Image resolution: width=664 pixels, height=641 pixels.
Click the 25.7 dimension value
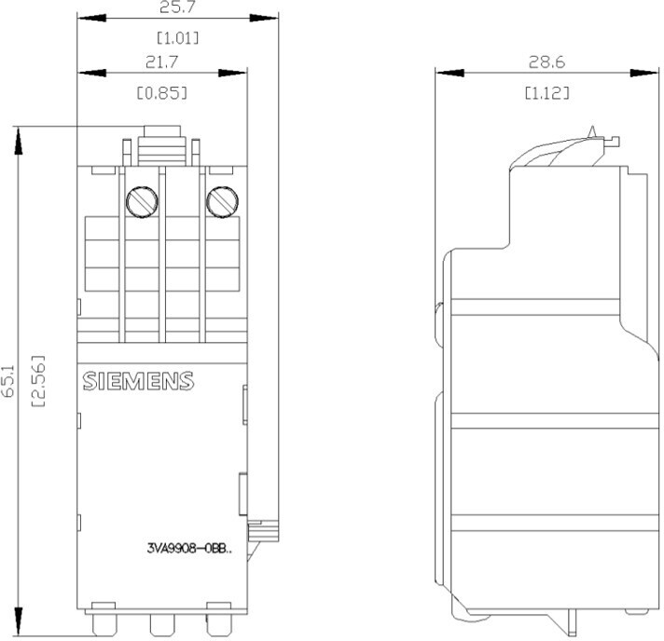(x=177, y=7)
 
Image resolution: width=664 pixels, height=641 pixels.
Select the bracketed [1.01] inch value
(x=177, y=38)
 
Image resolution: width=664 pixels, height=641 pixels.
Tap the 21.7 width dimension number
(x=162, y=62)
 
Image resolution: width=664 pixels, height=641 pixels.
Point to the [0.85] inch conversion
(x=162, y=92)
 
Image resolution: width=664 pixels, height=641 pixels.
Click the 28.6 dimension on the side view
(x=546, y=62)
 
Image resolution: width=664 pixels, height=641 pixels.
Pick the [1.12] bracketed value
(x=546, y=92)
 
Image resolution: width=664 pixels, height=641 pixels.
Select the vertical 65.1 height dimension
(x=7, y=381)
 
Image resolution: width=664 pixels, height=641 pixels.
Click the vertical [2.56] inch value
(x=38, y=381)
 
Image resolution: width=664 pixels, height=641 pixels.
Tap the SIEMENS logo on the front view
(x=138, y=381)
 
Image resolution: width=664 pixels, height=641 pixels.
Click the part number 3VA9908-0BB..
(x=189, y=549)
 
